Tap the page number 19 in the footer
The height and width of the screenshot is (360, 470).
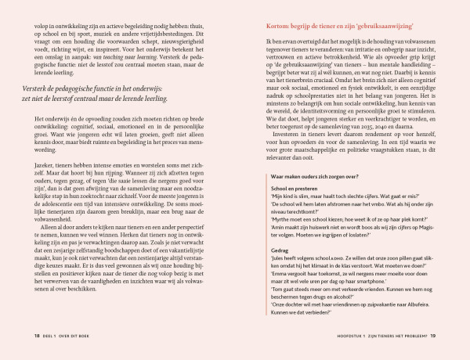444,337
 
